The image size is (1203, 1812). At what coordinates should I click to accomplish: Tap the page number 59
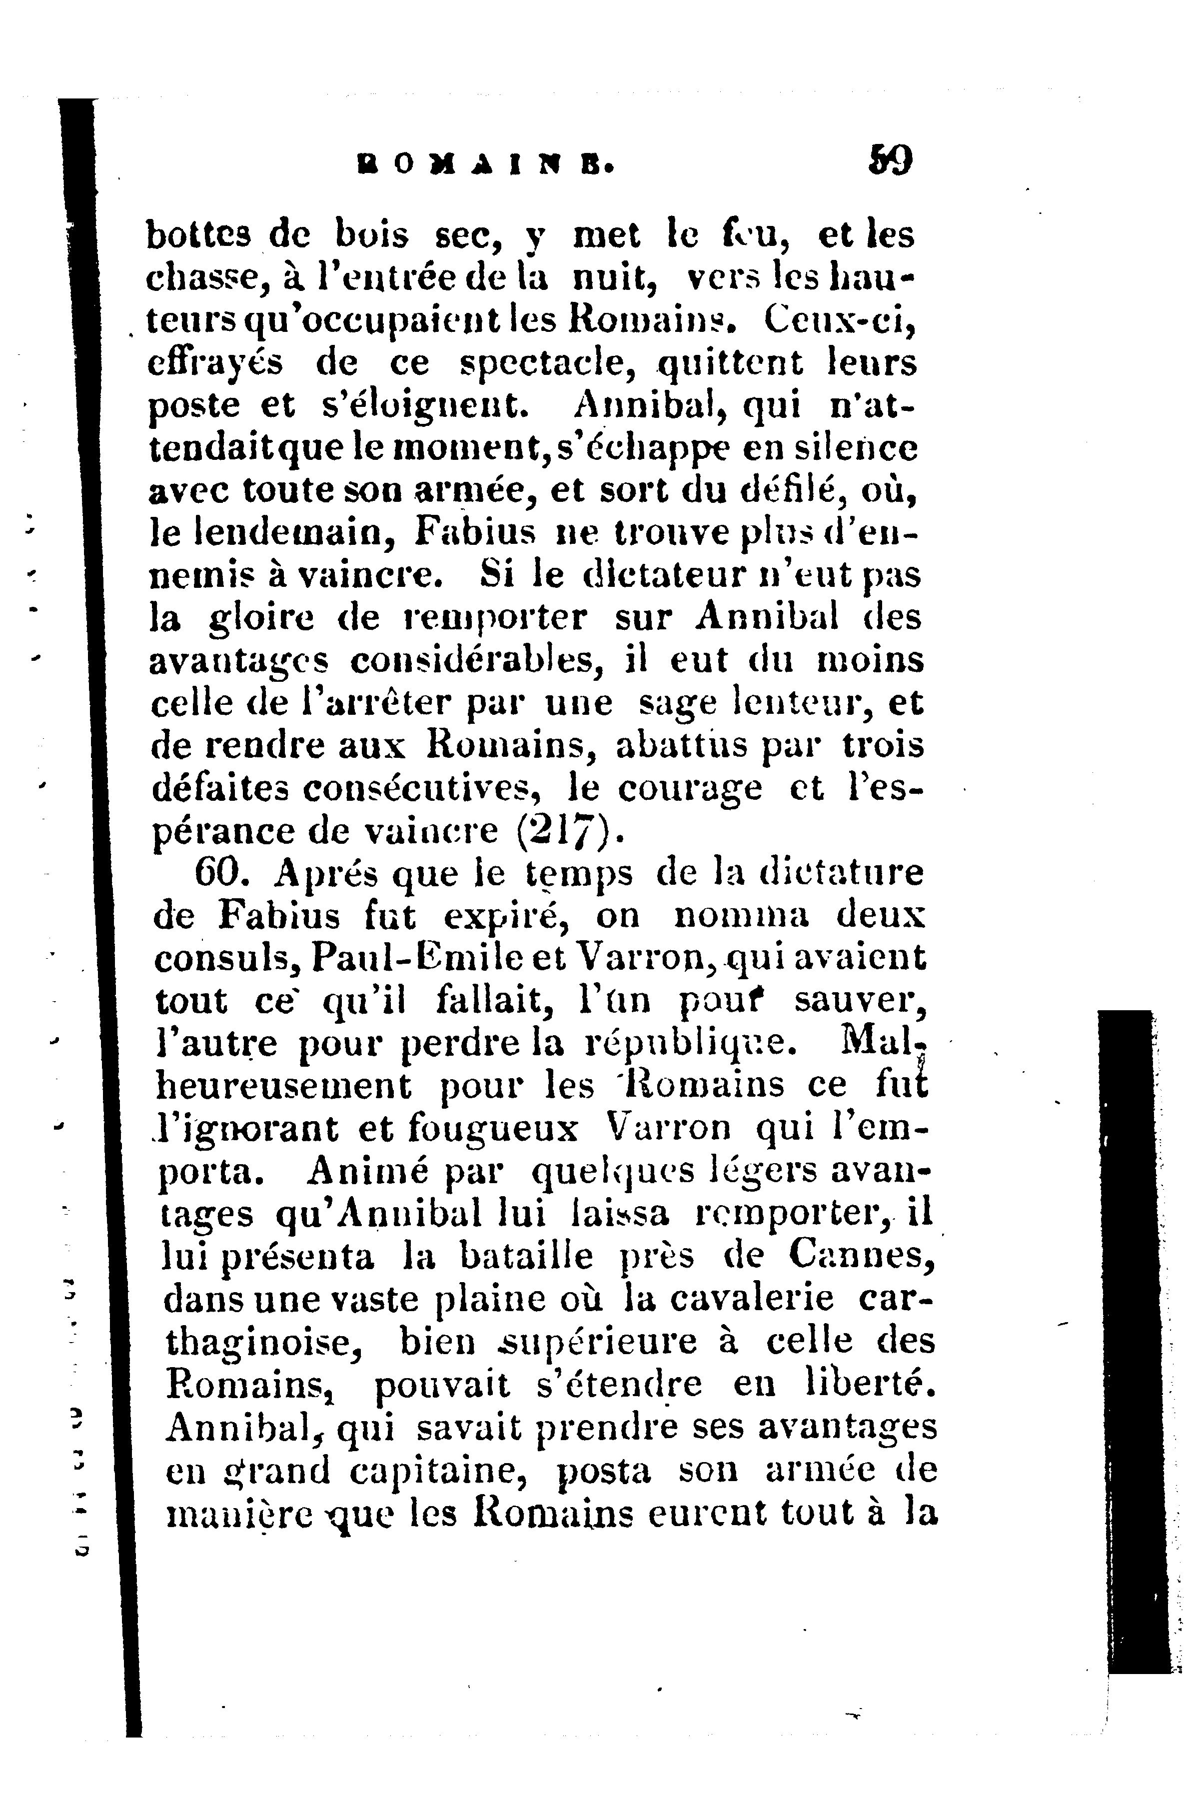pos(890,161)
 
